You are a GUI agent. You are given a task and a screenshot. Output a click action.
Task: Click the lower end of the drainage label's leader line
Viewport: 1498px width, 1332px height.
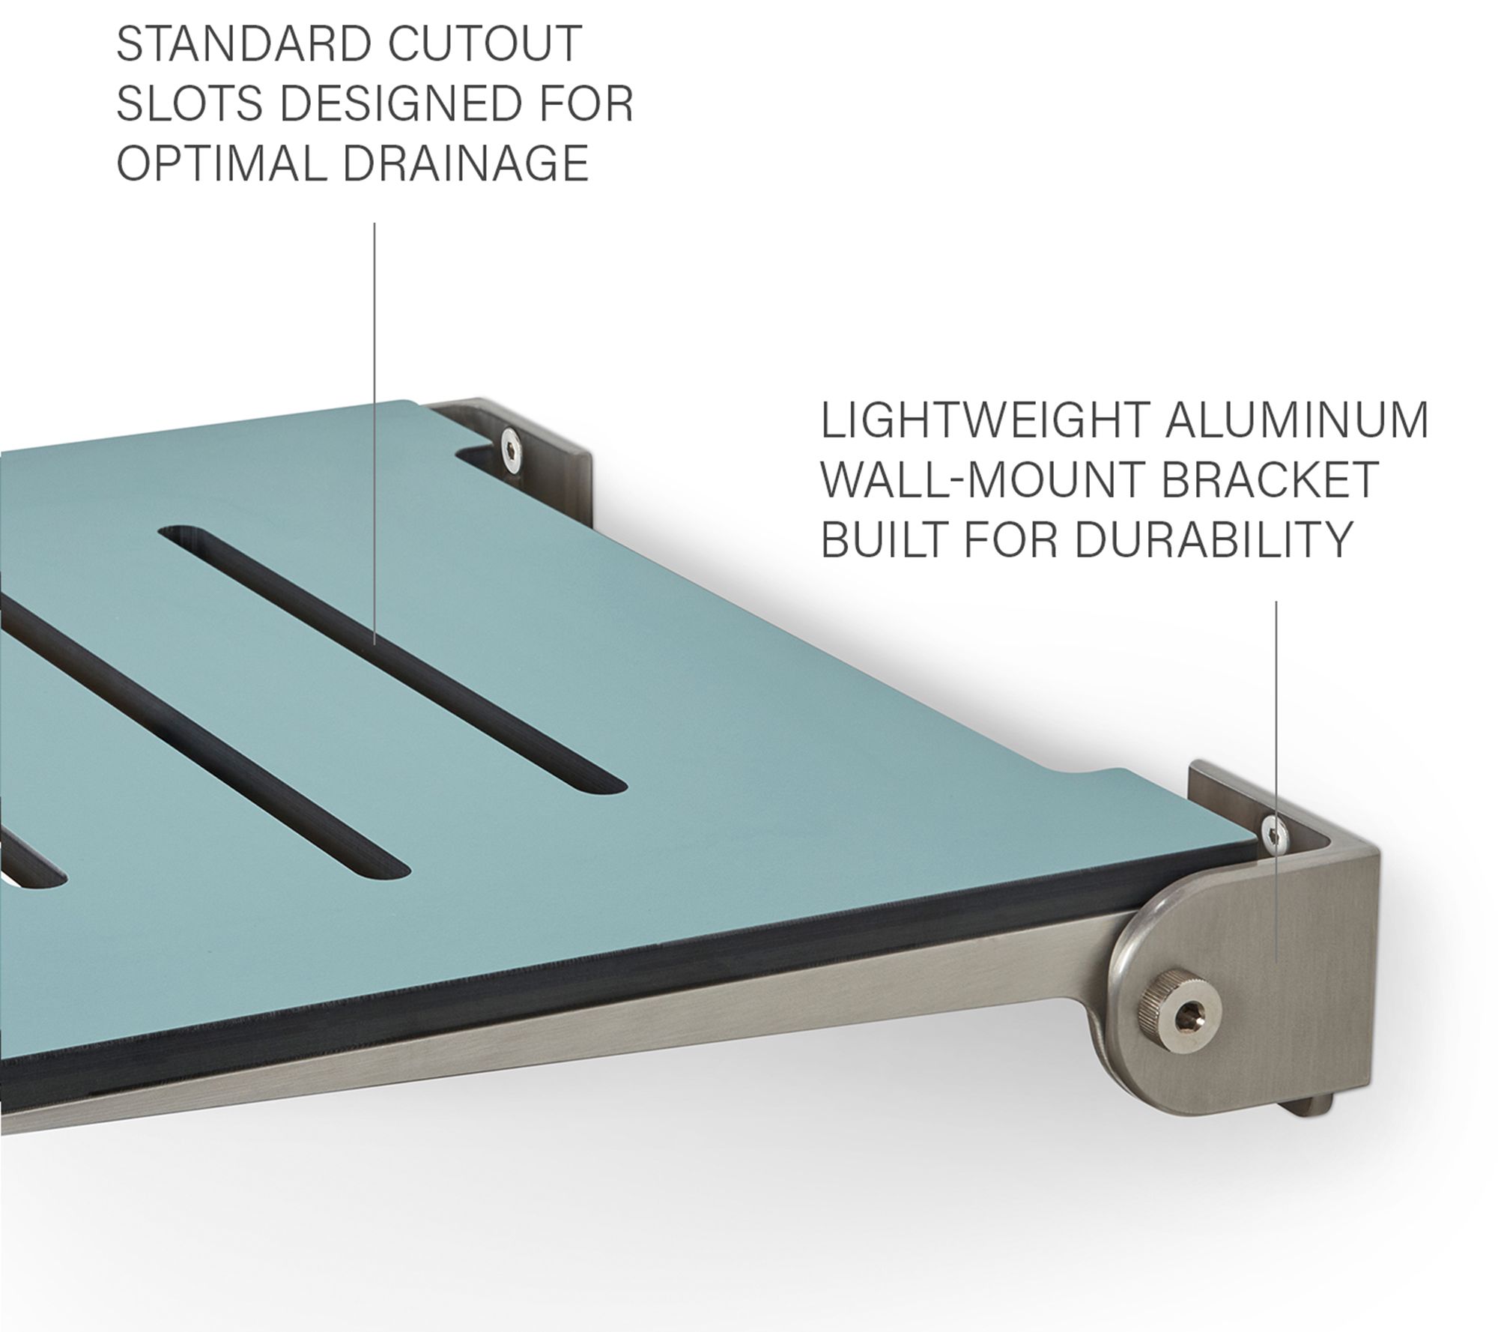coord(374,644)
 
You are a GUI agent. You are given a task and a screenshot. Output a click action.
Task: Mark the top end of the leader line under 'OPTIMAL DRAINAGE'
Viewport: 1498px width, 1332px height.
coord(374,222)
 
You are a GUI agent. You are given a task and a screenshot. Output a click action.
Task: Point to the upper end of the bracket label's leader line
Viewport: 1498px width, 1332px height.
coord(1276,602)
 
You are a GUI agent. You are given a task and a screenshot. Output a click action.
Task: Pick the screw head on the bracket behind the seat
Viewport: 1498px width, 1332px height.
coord(512,450)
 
